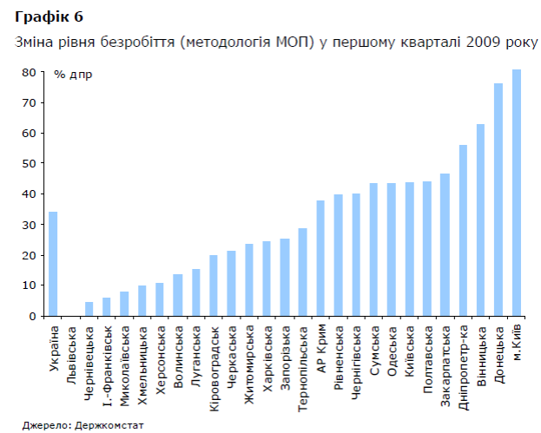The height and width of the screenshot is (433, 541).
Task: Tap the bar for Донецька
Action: [498, 200]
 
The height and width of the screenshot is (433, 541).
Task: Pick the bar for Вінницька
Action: [480, 220]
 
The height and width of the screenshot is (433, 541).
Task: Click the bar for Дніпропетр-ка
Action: [463, 231]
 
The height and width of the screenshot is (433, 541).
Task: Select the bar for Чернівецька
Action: [89, 309]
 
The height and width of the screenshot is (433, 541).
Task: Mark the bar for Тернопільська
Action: [302, 272]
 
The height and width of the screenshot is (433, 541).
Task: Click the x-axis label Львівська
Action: [71, 351]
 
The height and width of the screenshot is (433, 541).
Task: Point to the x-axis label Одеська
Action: [392, 346]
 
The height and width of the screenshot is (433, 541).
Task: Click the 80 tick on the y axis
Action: [29, 73]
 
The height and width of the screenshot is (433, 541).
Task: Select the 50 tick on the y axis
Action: [29, 164]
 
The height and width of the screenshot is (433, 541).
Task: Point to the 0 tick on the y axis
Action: [31, 316]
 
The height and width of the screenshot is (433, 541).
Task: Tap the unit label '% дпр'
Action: [72, 75]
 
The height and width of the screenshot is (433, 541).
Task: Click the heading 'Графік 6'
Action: [43, 17]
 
